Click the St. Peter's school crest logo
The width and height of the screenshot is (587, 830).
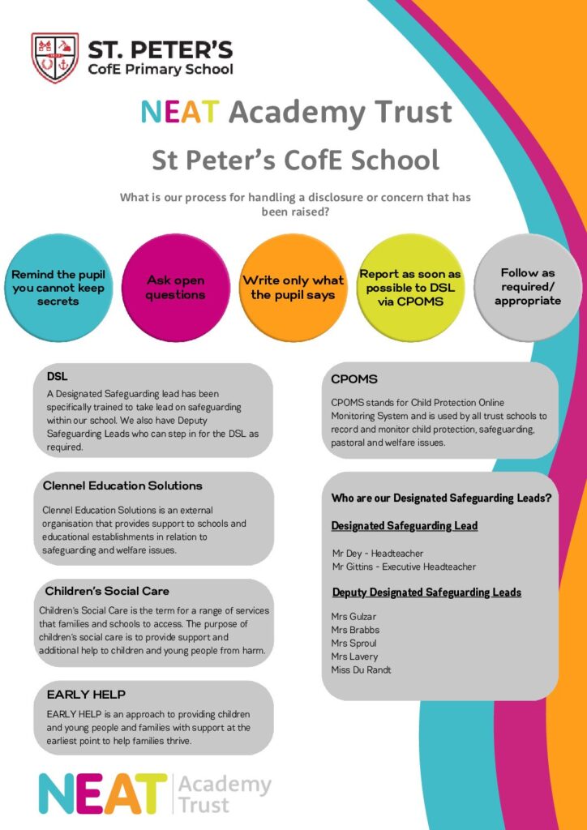tap(54, 58)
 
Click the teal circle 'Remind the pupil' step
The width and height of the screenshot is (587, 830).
tap(58, 288)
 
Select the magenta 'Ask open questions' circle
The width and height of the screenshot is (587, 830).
tap(175, 288)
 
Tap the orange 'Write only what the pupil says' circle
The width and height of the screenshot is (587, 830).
tap(293, 288)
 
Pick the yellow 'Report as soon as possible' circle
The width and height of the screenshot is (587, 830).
tap(410, 287)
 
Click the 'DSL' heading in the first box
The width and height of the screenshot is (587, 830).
tap(57, 377)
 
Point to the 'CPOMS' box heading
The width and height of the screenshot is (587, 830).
tap(354, 379)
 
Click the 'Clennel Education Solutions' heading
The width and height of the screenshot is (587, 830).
tap(122, 486)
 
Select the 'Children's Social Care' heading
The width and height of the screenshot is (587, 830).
tap(107, 591)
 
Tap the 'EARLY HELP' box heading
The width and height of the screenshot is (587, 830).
tap(86, 695)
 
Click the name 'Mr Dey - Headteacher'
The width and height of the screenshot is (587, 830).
tap(377, 553)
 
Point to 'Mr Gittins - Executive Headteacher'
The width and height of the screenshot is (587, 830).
tap(404, 567)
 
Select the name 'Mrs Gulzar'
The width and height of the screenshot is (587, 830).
tap(353, 617)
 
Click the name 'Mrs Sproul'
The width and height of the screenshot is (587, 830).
tap(354, 644)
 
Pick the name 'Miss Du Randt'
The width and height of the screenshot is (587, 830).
tap(362, 670)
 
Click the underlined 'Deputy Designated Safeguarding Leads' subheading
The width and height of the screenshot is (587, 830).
tap(426, 593)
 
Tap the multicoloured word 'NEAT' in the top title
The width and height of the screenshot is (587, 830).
tap(179, 112)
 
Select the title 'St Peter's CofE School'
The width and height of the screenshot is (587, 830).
tap(295, 160)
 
